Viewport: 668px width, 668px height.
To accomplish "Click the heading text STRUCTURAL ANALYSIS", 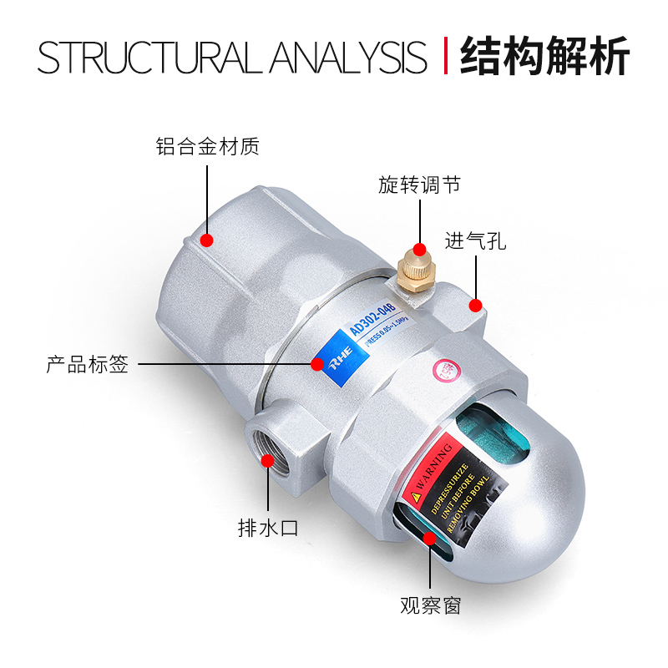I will coord(232,57).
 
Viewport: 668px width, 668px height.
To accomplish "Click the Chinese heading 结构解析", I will coord(544,57).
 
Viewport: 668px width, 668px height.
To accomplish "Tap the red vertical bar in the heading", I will coord(445,57).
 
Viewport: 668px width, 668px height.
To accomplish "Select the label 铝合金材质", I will coord(208,147).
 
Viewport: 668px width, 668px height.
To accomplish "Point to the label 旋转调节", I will coord(419,185).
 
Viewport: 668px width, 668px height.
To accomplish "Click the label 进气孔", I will coord(475,243).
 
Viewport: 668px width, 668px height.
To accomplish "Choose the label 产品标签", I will coord(87,365).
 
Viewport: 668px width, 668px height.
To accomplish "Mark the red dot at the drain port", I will coord(268,460).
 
